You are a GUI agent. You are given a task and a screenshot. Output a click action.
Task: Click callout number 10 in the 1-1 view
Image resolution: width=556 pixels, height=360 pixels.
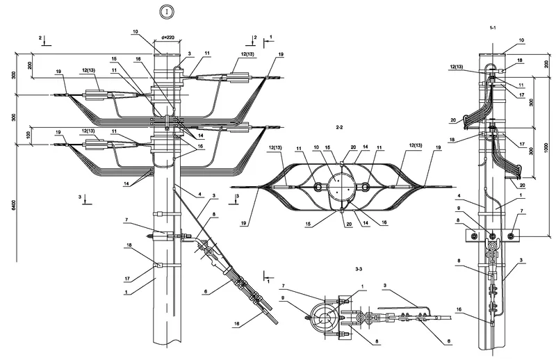pyautogui.click(x=521, y=41)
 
